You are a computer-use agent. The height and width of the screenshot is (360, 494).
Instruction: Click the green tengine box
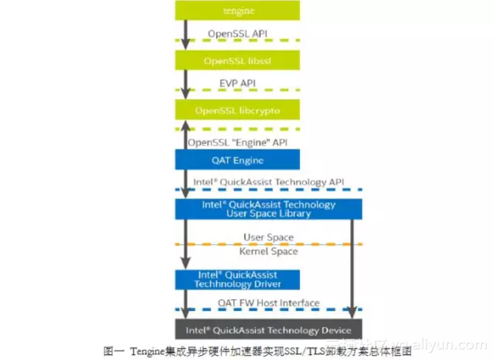click(237, 11)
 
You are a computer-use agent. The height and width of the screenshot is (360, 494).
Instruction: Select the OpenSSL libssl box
click(237, 61)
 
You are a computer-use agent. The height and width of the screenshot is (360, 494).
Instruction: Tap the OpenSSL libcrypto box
click(237, 110)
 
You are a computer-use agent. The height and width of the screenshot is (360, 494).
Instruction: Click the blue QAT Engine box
click(237, 160)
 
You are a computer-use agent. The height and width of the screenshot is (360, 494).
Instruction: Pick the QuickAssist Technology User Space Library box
click(268, 209)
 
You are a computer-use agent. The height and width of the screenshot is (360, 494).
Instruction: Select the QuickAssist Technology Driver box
click(237, 279)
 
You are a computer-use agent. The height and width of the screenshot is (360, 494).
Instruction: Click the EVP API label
click(237, 82)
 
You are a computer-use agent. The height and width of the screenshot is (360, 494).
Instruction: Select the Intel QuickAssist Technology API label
click(268, 182)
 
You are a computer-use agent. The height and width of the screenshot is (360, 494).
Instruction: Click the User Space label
click(268, 237)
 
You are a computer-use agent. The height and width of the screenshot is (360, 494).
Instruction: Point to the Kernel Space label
click(268, 252)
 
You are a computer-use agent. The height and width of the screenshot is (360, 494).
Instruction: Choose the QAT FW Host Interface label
click(268, 303)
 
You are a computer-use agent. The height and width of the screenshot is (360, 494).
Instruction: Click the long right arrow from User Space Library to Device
click(352, 266)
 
